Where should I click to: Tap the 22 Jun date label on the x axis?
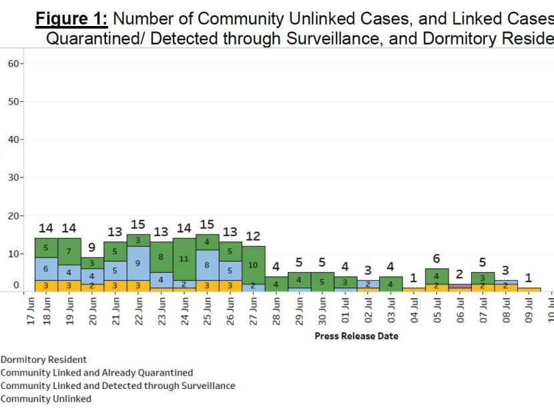tap(139, 312)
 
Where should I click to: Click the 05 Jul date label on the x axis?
tap(437, 312)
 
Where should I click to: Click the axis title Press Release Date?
tap(356, 336)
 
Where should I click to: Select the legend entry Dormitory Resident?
tap(43, 360)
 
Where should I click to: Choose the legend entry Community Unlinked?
tap(45, 399)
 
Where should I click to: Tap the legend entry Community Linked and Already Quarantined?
tap(97, 373)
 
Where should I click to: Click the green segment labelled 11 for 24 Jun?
tap(184, 259)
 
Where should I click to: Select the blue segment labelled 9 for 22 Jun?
tap(138, 263)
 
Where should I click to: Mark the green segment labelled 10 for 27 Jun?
tap(253, 264)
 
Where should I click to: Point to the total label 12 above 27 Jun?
tap(253, 236)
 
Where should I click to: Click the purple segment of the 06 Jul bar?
tap(460, 286)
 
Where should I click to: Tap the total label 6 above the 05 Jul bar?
tap(437, 259)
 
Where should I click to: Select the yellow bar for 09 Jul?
tap(529, 290)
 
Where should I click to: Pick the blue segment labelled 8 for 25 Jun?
tap(207, 265)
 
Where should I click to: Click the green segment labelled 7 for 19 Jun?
tap(69, 252)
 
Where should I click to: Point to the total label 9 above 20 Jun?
tap(92, 248)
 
